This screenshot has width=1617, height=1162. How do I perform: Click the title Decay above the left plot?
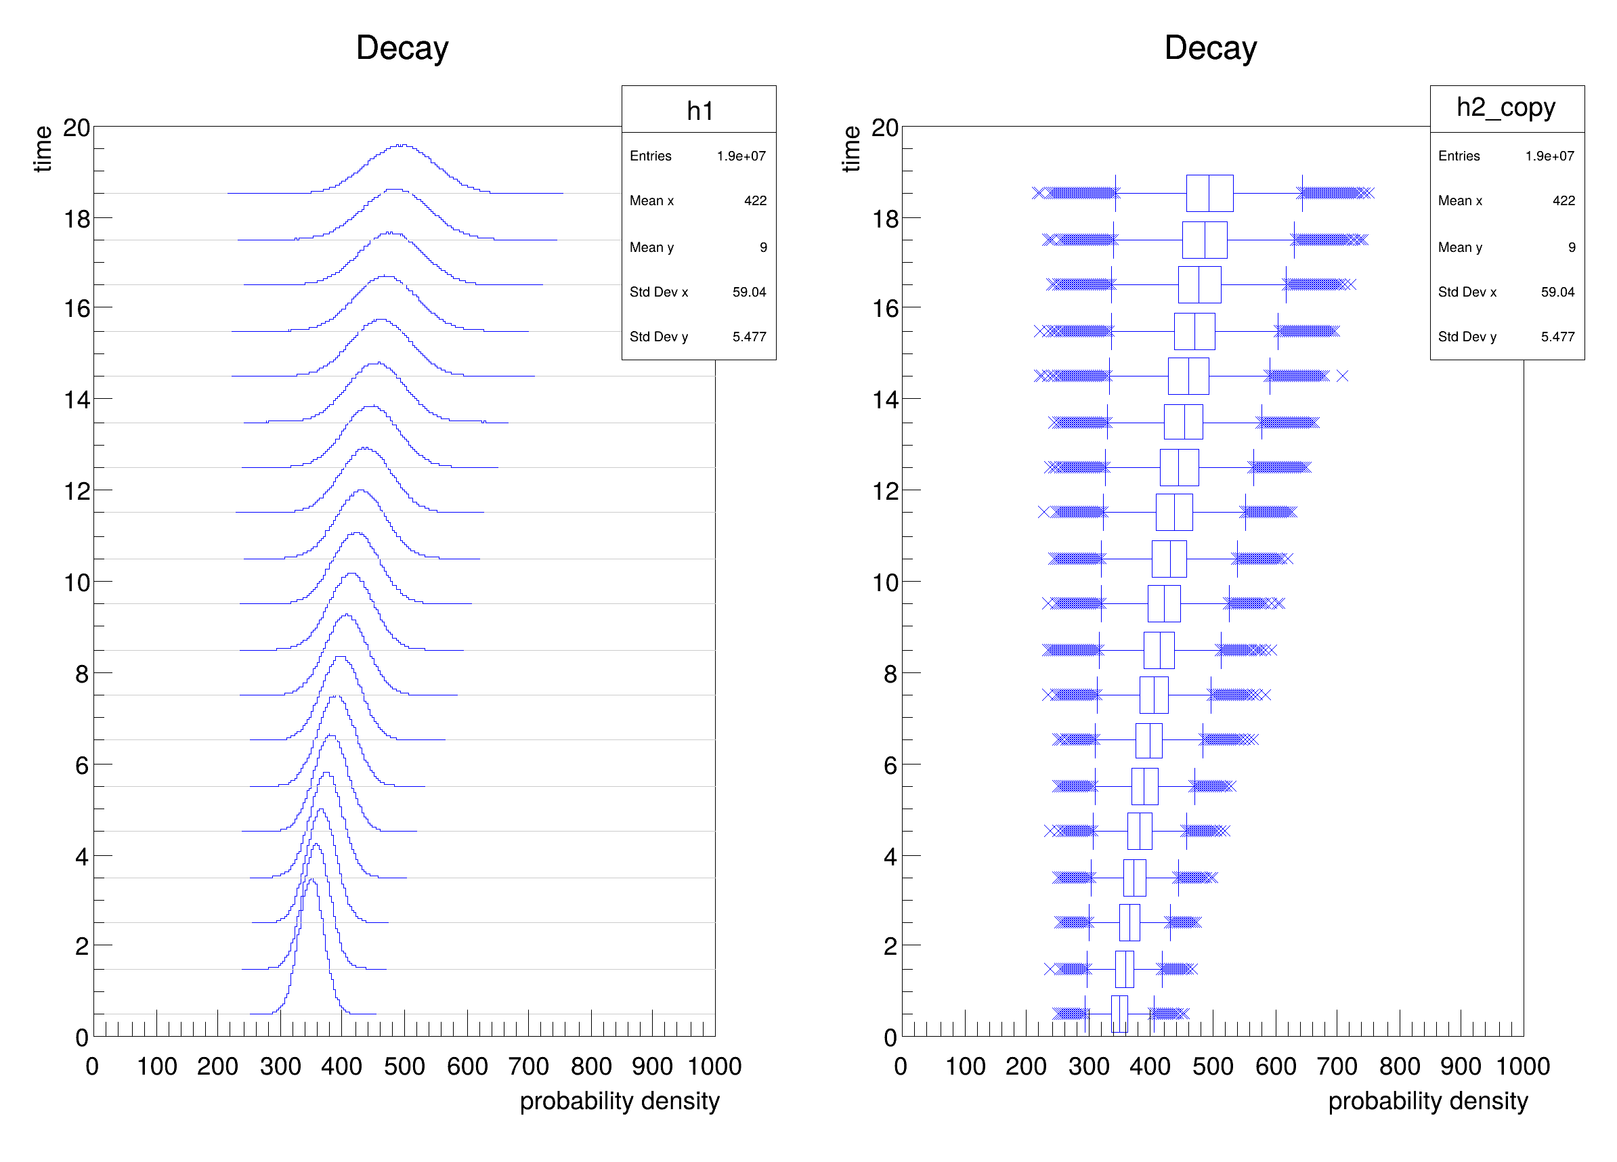click(x=402, y=49)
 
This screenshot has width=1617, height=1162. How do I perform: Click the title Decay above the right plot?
click(x=1210, y=49)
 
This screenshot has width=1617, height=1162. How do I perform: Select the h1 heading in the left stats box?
click(x=699, y=110)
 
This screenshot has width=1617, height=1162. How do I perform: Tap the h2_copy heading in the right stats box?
click(x=1506, y=108)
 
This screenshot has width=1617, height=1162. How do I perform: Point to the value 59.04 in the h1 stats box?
click(x=749, y=292)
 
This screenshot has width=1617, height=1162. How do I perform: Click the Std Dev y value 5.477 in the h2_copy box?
click(x=1557, y=337)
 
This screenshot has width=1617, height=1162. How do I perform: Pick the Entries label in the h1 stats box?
click(x=650, y=156)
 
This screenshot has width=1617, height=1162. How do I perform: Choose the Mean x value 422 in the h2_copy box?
click(x=1564, y=200)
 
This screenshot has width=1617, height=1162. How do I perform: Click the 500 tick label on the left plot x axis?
click(x=404, y=1067)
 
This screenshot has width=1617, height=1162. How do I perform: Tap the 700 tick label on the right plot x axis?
click(x=1336, y=1067)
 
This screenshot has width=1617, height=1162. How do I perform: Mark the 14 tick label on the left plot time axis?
click(x=77, y=400)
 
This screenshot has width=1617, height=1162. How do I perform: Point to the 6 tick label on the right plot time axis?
click(x=890, y=766)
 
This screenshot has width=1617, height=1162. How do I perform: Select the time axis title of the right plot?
click(x=850, y=149)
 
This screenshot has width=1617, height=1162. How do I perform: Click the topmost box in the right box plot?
click(x=1209, y=193)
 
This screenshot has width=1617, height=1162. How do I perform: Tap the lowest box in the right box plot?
click(x=1119, y=1014)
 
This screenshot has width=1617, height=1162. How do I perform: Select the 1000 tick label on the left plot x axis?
click(x=714, y=1067)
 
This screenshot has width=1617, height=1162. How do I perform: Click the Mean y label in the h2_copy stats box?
click(x=1459, y=247)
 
